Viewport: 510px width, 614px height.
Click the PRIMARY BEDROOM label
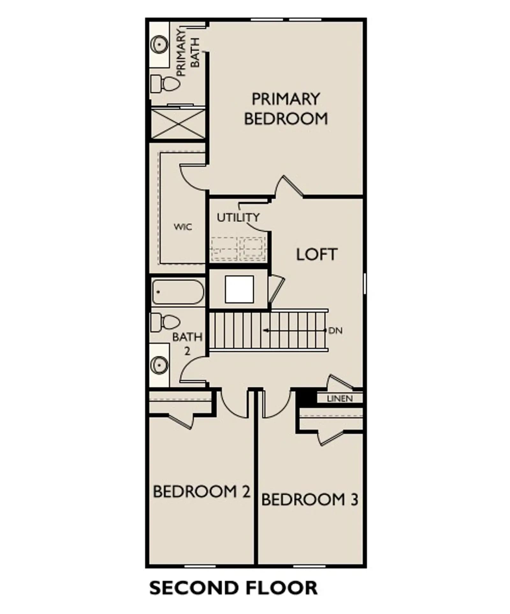click(286, 109)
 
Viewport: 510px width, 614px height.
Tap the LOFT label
click(317, 254)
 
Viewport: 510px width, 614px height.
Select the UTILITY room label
click(238, 218)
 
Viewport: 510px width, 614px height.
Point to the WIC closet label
click(183, 227)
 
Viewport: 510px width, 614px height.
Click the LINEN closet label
click(340, 398)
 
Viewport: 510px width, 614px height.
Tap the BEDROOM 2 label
click(201, 491)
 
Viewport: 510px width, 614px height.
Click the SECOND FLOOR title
click(233, 588)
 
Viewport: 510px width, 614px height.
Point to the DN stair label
click(335, 331)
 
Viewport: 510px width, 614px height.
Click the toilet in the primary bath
click(165, 83)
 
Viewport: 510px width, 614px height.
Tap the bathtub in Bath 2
click(178, 292)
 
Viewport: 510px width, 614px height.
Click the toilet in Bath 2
click(165, 322)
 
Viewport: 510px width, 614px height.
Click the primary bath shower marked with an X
click(178, 124)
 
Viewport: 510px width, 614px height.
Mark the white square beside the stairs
click(239, 289)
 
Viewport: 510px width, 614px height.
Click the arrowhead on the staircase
click(266, 331)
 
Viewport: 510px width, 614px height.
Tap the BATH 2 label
click(187, 344)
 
